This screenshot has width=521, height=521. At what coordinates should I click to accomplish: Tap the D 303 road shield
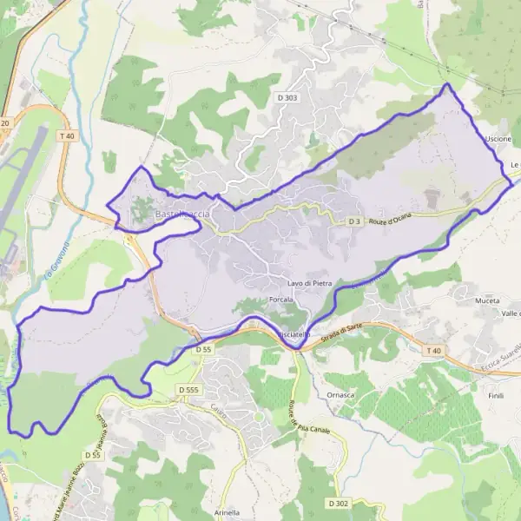click(288, 98)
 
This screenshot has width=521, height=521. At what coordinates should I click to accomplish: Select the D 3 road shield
click(353, 221)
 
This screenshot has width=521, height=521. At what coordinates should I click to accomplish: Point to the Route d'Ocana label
click(388, 220)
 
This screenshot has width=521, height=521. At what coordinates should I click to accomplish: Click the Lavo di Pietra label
click(310, 284)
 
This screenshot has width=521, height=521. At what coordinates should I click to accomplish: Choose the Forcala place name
click(281, 300)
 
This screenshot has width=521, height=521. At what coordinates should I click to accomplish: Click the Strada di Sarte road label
click(341, 329)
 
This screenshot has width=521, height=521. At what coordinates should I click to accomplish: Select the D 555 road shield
click(190, 391)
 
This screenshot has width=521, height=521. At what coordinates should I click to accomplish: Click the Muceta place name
click(487, 300)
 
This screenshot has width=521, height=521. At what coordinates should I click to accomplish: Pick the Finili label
click(496, 395)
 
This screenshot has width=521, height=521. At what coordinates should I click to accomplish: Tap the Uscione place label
click(498, 139)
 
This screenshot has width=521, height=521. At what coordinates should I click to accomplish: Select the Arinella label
click(227, 512)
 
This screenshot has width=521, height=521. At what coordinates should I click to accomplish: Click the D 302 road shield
click(340, 504)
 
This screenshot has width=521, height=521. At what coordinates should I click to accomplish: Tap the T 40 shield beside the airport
click(68, 136)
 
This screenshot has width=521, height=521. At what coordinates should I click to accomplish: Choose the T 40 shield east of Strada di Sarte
click(434, 350)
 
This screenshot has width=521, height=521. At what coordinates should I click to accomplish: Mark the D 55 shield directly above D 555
click(203, 349)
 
